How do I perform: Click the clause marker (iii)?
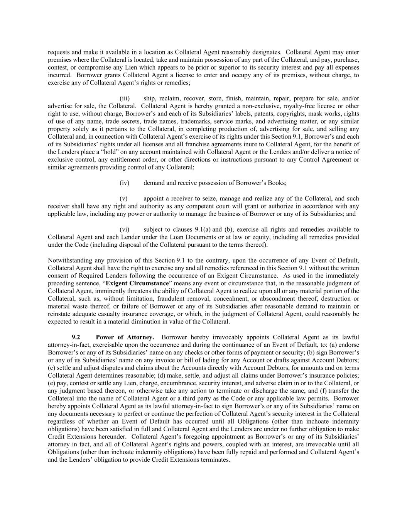pos(125,98)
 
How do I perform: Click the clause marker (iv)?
pos(125,183)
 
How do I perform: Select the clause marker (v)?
pos(124,198)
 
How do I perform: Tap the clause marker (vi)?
pos(125,229)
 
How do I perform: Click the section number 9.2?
pos(76,337)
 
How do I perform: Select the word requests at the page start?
pos(59,52)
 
